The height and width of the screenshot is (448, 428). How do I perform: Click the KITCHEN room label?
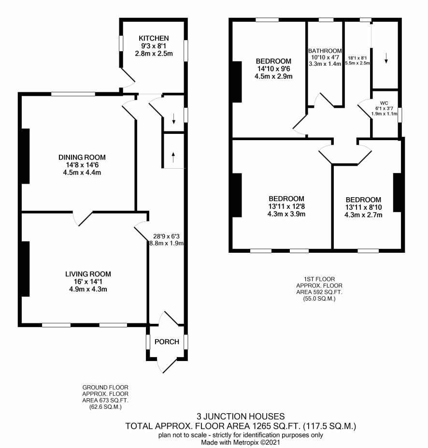pyautogui.click(x=154, y=38)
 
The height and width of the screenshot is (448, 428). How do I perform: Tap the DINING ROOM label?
pyautogui.click(x=82, y=157)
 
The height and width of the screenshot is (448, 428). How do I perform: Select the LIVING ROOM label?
pyautogui.click(x=88, y=274)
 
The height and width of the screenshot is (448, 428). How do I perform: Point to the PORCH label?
pyautogui.click(x=167, y=342)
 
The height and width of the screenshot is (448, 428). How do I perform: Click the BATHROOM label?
pyautogui.click(x=325, y=51)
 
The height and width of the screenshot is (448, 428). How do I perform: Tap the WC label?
pyautogui.click(x=384, y=103)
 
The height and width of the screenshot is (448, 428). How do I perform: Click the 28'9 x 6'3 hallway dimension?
pyautogui.click(x=166, y=236)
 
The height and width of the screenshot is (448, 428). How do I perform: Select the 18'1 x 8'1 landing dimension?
pyautogui.click(x=357, y=58)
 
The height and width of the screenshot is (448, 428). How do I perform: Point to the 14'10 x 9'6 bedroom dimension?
pyautogui.click(x=273, y=69)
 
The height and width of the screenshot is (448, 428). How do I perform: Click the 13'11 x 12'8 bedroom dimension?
pyautogui.click(x=286, y=206)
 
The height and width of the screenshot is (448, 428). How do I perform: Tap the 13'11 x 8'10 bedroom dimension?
pyautogui.click(x=363, y=207)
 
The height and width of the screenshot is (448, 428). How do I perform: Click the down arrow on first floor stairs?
pyautogui.click(x=386, y=58)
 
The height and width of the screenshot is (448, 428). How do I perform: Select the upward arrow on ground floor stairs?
pyautogui.click(x=173, y=157)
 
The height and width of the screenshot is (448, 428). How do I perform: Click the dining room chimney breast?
pyautogui.click(x=26, y=156)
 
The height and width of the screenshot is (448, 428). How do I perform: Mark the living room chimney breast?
pyautogui.click(x=26, y=269)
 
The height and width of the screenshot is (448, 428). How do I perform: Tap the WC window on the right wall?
pyautogui.click(x=399, y=115)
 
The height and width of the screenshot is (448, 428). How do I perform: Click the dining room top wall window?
pyautogui.click(x=73, y=94)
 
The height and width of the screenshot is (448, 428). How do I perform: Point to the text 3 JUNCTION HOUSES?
pyautogui.click(x=241, y=416)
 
